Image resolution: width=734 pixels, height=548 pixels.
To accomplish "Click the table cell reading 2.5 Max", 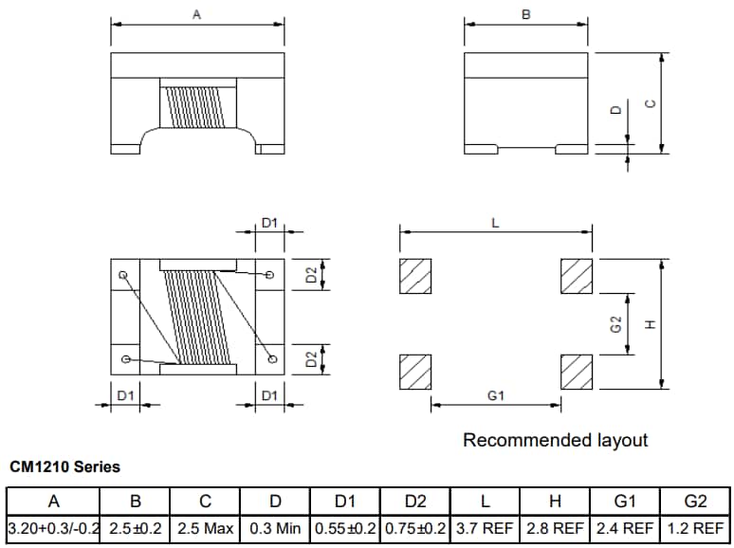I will [205, 526].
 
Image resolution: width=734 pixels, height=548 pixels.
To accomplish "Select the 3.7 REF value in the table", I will [485, 526].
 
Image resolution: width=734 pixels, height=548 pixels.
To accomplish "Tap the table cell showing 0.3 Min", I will [275, 526].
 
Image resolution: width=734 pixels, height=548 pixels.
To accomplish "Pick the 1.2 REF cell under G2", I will [695, 526].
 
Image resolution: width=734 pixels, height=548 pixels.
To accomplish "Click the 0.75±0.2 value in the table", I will [415, 526].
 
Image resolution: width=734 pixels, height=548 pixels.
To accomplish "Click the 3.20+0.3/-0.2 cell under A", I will [53, 526].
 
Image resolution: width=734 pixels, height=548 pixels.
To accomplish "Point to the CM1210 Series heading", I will [64, 467].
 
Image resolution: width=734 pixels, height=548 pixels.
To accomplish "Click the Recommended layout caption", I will [555, 440].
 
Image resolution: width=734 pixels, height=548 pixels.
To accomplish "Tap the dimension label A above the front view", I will [196, 14].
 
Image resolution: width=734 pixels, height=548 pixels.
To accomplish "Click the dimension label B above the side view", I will [526, 14].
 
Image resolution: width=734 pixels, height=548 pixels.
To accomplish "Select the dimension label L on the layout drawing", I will [495, 224].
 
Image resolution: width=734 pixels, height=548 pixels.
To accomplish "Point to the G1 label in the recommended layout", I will [495, 395].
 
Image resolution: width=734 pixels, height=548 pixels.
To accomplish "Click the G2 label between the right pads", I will [615, 324].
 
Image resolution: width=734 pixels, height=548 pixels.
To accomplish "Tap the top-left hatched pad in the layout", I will [415, 276].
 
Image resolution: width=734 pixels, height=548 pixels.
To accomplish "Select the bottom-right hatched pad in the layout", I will [577, 371].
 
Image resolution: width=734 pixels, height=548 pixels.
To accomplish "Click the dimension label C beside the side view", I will [650, 103].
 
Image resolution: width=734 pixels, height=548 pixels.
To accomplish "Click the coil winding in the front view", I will [197, 107].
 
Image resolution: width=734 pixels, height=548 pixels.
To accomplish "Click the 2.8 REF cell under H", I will [555, 526].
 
